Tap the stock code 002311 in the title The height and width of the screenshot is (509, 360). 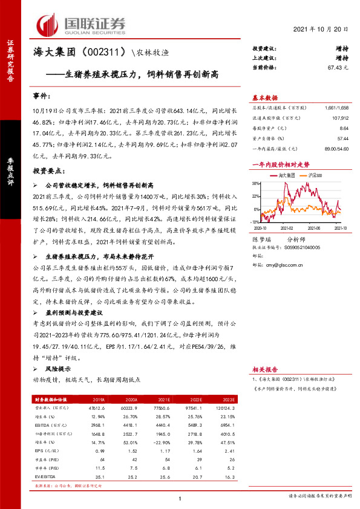point(101,53)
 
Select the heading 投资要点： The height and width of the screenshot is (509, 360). point(48,172)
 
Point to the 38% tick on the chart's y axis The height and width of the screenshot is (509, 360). point(257,183)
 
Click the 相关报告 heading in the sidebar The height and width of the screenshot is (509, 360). point(264,368)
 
